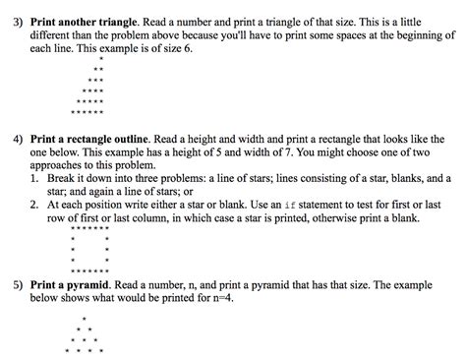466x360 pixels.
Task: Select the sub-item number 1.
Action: pyautogui.click(x=32, y=178)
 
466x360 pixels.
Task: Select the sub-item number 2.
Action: pyautogui.click(x=32, y=204)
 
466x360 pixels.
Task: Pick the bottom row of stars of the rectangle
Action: pyautogui.click(x=90, y=269)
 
